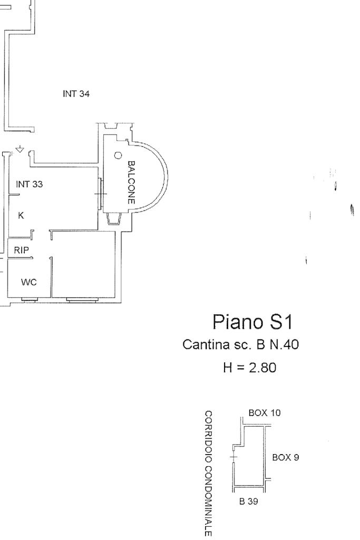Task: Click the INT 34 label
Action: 76,94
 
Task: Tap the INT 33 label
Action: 30,185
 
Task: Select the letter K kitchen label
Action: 21,216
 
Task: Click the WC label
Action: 28,283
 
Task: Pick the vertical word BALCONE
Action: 132,182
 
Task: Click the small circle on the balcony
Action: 118,156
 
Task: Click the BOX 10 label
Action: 264,413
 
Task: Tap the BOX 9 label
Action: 285,457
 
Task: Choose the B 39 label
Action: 248,502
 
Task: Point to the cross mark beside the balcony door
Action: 100,194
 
